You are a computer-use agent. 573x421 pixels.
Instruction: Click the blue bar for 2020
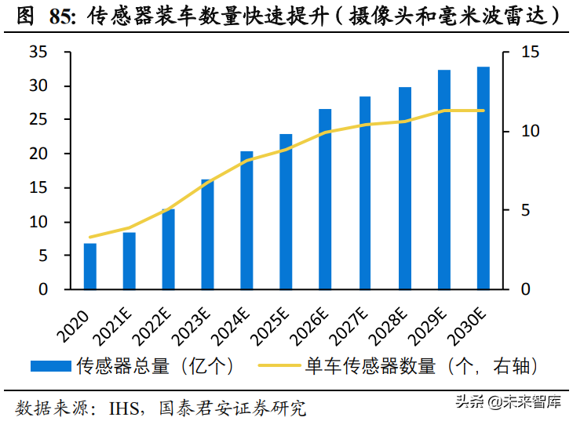pos(90,267)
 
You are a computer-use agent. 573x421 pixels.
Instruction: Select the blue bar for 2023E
pos(208,234)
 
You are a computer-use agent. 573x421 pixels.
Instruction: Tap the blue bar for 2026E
pos(325,199)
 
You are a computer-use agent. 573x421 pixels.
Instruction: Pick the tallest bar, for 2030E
pos(483,178)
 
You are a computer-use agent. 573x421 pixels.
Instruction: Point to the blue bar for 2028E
pos(404,188)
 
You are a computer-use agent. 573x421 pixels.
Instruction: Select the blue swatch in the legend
pos(51,365)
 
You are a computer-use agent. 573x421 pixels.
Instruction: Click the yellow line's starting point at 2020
pos(90,237)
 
